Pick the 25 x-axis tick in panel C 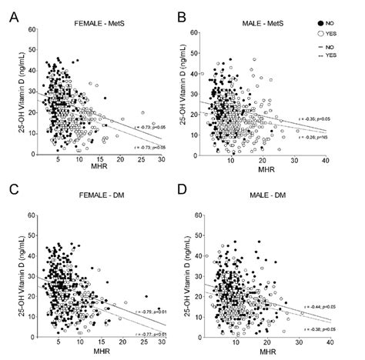point(142,334)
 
